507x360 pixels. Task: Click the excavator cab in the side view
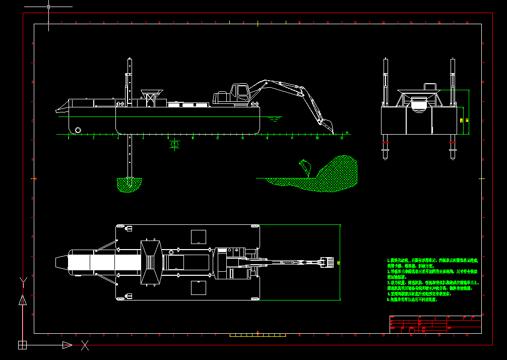pos(240,92)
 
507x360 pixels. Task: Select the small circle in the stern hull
pos(78,130)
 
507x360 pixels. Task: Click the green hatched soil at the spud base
pos(130,184)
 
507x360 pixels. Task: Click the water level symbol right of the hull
pos(274,119)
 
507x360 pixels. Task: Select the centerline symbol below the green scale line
pos(174,145)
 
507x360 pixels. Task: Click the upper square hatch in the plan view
pos(199,236)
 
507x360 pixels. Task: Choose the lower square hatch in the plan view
pos(199,288)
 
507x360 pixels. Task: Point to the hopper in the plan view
pos(150,262)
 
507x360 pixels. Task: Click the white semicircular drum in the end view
pos(419,105)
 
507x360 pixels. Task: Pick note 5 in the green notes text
pos(413,299)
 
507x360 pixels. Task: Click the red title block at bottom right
pos(435,325)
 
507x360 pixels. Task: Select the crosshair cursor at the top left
pos(48,7)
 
